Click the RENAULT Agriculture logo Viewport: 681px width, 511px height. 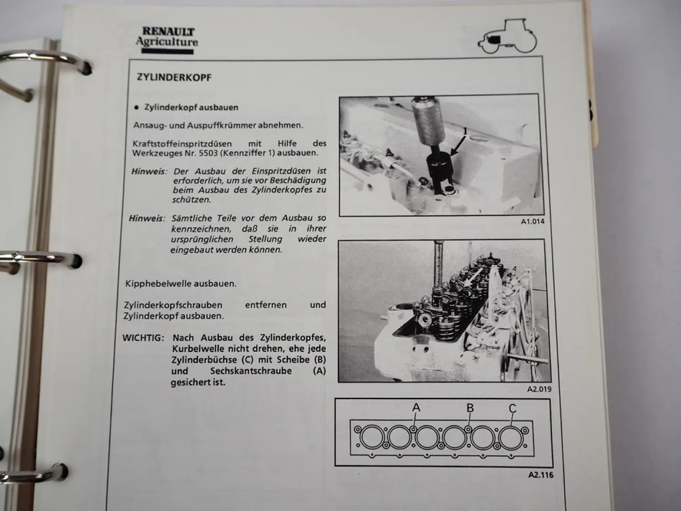tap(167, 39)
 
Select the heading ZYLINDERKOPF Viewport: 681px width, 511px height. tap(174, 77)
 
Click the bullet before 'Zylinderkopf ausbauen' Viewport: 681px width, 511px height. tap(136, 108)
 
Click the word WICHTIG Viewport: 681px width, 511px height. tap(143, 338)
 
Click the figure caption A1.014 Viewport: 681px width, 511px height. tap(532, 222)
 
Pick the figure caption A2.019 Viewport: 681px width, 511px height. tap(539, 389)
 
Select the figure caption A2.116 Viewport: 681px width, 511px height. tap(541, 475)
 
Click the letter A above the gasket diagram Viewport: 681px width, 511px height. tap(416, 408)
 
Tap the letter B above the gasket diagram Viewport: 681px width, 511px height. tap(470, 408)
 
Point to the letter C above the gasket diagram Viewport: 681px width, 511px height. tap(513, 408)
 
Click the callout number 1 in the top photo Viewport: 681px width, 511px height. tap(464, 132)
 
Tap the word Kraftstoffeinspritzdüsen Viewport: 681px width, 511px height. tap(182, 144)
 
